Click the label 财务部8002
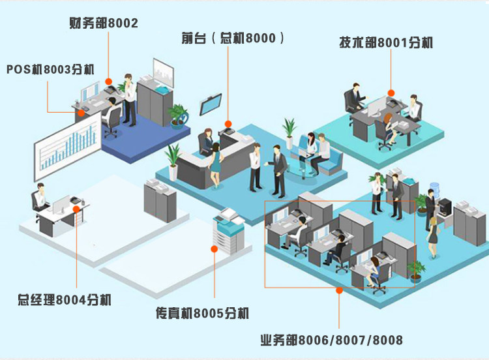[103, 23]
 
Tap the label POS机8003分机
[50, 69]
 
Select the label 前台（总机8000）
[233, 38]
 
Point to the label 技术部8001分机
[386, 42]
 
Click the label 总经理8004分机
[65, 300]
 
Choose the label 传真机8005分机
[202, 313]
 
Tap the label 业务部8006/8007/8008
[331, 340]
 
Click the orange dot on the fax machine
[214, 248]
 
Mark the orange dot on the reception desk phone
[228, 123]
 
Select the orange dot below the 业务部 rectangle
[339, 290]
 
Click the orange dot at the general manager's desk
[76, 209]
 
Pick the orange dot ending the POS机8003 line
[81, 113]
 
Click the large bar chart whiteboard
[68, 146]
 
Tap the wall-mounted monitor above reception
[211, 104]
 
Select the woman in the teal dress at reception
[215, 164]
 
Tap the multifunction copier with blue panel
[228, 231]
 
